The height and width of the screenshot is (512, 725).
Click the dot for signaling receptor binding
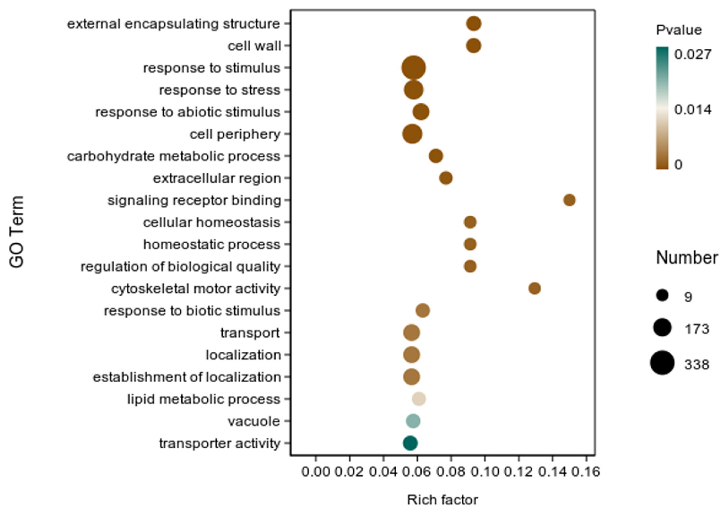coord(569,200)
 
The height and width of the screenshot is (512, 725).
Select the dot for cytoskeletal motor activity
coord(535,288)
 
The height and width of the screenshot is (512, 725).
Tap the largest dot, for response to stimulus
coord(414,68)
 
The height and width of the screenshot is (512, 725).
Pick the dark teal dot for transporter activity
coord(410,443)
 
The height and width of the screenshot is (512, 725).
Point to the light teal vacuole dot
coord(413,421)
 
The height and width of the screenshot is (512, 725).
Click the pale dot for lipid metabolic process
coord(419,399)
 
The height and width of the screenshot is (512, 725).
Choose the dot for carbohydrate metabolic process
coord(436,156)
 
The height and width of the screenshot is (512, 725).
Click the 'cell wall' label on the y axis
coord(254,46)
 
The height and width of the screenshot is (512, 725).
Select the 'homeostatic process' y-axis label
coord(212,245)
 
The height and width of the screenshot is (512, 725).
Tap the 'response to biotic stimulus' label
coord(192,311)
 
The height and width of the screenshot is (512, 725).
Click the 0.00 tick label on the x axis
coord(316,472)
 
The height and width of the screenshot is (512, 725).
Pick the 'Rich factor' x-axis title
coord(443,500)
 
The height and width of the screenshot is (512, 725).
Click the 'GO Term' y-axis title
coord(16,232)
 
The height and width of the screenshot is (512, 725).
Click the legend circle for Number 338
coord(662,363)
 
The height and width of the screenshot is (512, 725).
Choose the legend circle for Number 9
coord(662,296)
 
